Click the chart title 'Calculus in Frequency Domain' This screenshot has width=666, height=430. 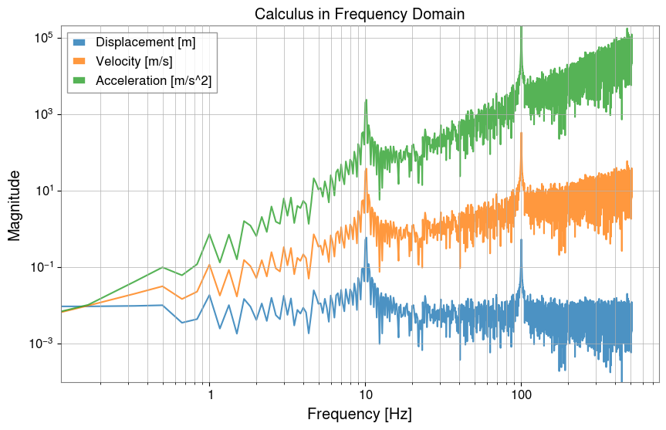coord(361,15)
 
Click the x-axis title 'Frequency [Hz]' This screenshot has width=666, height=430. coord(361,414)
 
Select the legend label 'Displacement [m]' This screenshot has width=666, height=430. coord(145,42)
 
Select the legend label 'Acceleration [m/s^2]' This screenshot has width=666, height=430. coord(152,80)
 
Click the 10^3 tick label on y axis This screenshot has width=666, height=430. coord(42,114)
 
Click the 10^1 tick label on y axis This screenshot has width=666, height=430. coord(42,191)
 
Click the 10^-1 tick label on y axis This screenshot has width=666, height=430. coord(41,267)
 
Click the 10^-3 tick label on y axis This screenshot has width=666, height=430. coord(41,344)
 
